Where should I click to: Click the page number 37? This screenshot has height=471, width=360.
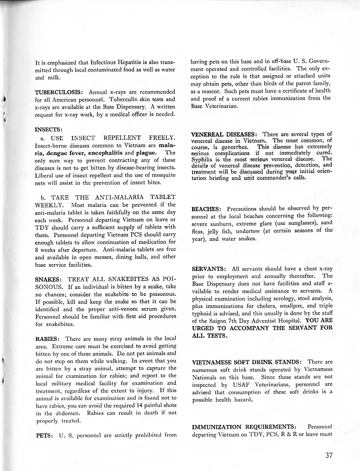point(329,454)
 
